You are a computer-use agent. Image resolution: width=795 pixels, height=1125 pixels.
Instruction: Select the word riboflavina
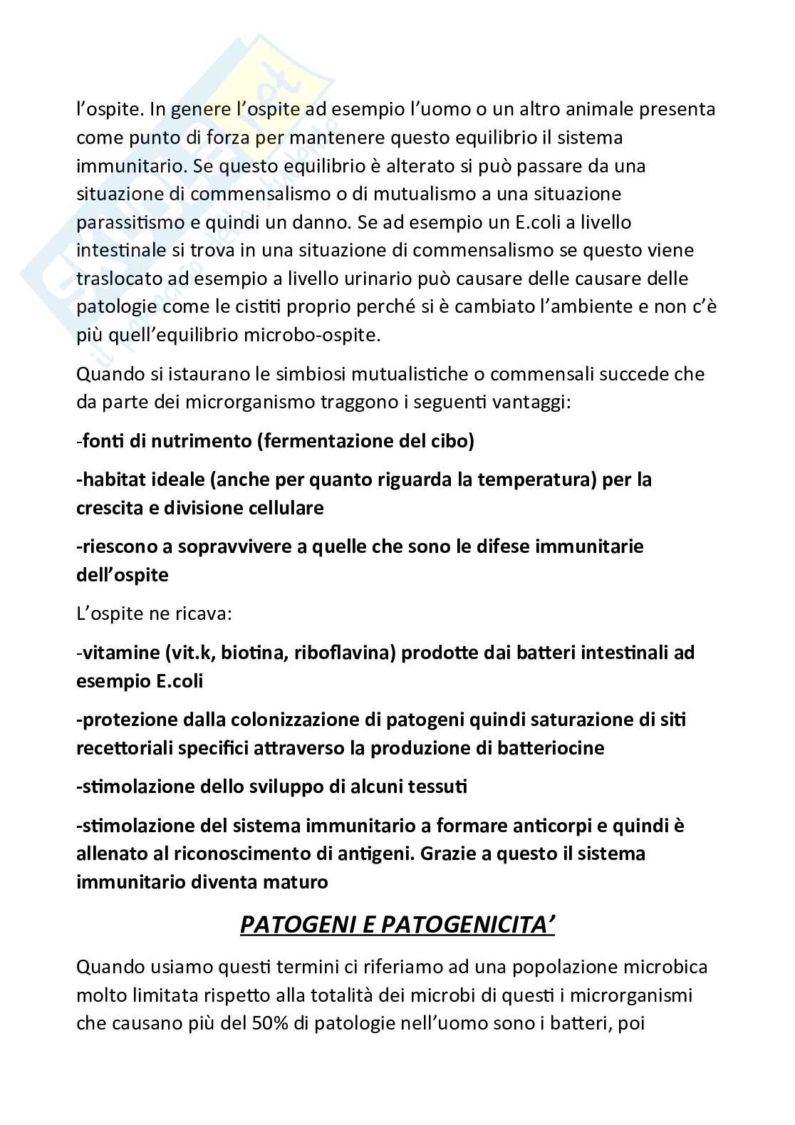pyautogui.click(x=338, y=653)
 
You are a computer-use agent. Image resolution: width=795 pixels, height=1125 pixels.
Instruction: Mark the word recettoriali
pyautogui.click(x=124, y=748)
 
